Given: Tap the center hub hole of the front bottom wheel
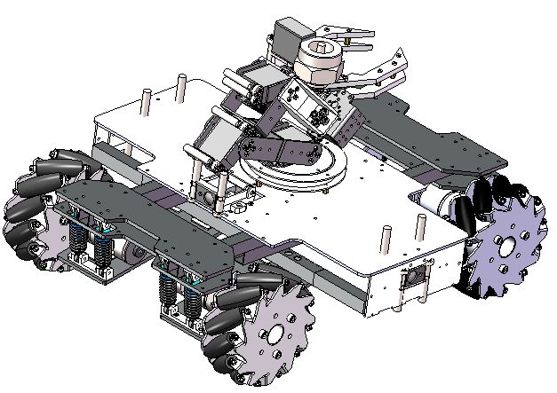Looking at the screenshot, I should pos(274,335).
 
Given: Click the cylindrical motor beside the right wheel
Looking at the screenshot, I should pos(439,200).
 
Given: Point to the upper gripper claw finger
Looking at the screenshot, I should pos(351,31).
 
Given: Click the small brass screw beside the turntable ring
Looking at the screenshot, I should pos(330,188).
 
